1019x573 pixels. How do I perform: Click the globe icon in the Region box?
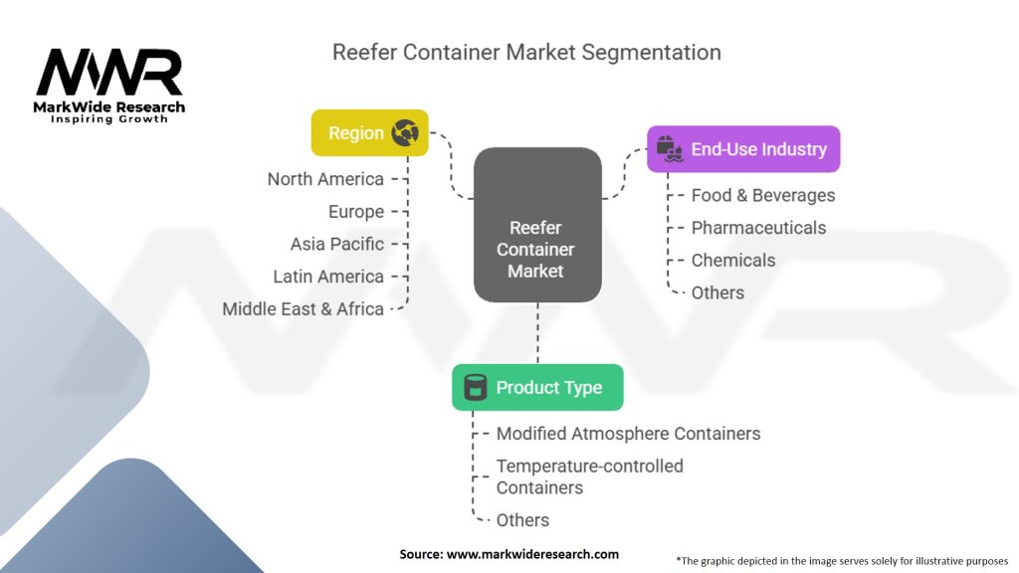click(405, 132)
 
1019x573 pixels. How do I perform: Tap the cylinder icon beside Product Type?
click(475, 387)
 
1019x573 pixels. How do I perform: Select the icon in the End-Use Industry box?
click(670, 149)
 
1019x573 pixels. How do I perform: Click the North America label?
click(325, 179)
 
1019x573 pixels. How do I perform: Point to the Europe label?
click(356, 212)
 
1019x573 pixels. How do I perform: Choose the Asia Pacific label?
click(337, 245)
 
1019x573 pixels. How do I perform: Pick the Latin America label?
click(328, 277)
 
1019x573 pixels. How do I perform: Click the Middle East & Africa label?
click(303, 309)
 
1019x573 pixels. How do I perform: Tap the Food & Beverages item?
click(763, 196)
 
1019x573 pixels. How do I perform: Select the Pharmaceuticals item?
click(758, 228)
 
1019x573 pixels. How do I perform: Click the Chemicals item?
click(733, 261)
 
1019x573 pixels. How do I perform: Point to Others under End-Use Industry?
click(717, 293)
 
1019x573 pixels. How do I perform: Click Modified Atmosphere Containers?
click(629, 434)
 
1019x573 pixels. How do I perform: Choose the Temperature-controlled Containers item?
click(589, 477)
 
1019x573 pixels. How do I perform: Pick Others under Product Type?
click(522, 520)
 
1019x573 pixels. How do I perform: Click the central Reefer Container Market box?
click(537, 225)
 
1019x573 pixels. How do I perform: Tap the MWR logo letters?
click(109, 72)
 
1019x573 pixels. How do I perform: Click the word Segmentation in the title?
click(651, 52)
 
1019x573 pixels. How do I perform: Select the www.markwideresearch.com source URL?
click(532, 554)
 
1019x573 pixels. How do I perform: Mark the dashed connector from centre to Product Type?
click(537, 333)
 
